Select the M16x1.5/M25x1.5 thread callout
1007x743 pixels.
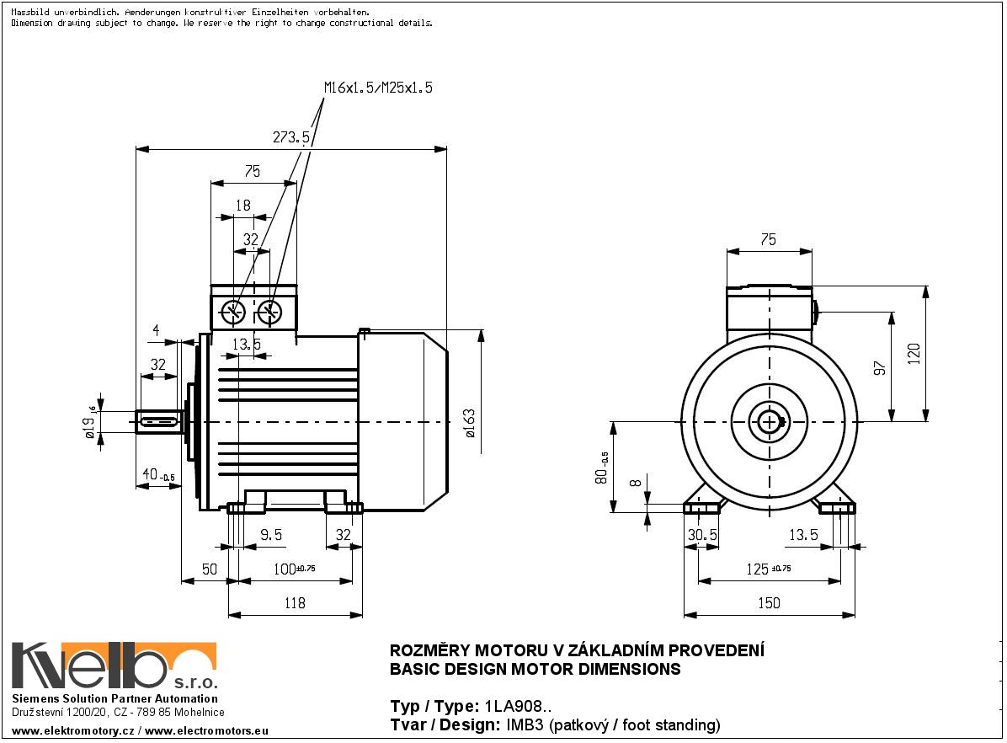pyautogui.click(x=378, y=88)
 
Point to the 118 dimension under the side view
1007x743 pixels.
pyautogui.click(x=294, y=602)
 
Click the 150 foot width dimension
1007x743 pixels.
pyautogui.click(x=769, y=602)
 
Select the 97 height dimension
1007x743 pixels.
pyautogui.click(x=880, y=367)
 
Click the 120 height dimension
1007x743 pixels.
pyautogui.click(x=914, y=354)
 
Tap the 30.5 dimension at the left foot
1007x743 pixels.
pyautogui.click(x=702, y=535)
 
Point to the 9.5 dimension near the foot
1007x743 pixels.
pyautogui.click(x=270, y=535)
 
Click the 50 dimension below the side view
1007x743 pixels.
pyautogui.click(x=209, y=569)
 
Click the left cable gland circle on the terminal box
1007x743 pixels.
pyautogui.click(x=232, y=313)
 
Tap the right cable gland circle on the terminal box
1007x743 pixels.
pyautogui.click(x=269, y=313)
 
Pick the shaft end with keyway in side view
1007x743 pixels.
pyautogui.click(x=158, y=421)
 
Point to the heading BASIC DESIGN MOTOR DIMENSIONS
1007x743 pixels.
pyautogui.click(x=535, y=670)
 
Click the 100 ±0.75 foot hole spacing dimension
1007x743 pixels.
pyautogui.click(x=295, y=569)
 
